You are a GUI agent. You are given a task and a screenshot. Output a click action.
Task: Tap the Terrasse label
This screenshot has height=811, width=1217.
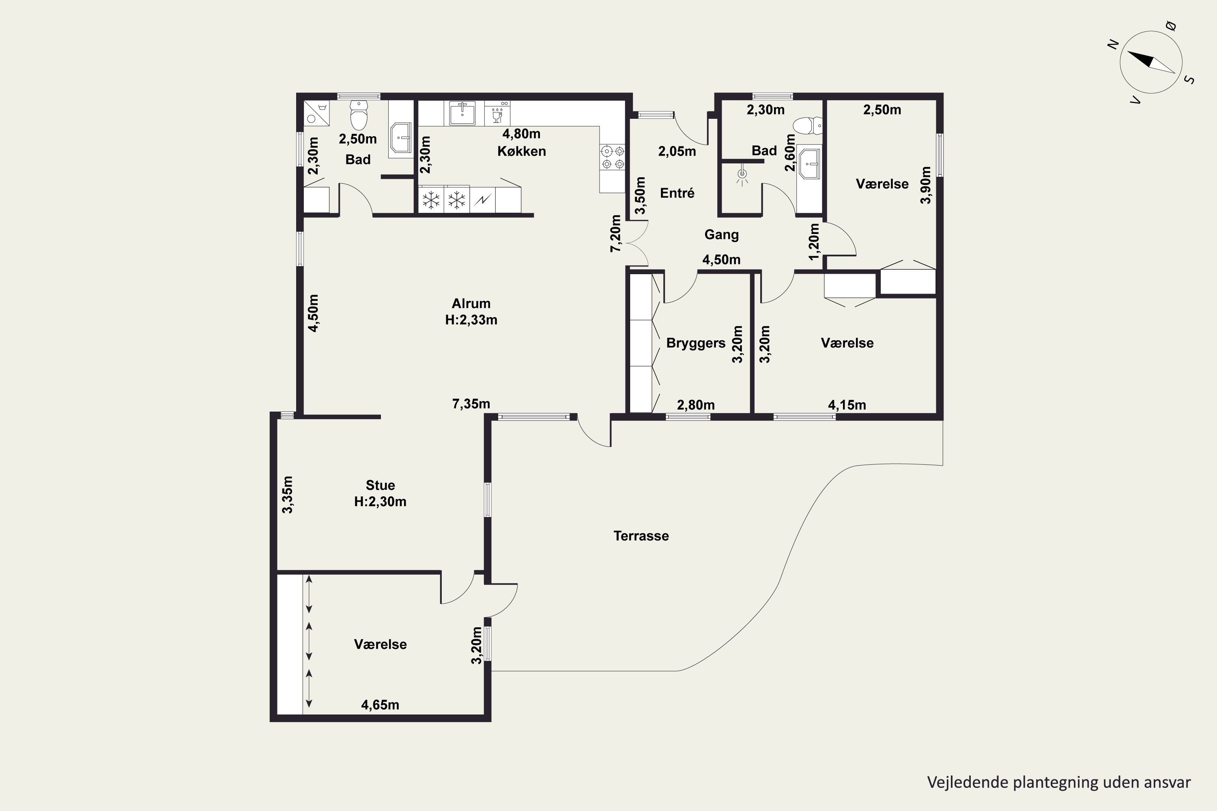[x=641, y=536]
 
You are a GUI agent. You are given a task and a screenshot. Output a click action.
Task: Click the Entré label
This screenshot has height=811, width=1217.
[x=677, y=193]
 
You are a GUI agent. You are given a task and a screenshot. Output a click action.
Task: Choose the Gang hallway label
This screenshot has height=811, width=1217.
[x=721, y=235]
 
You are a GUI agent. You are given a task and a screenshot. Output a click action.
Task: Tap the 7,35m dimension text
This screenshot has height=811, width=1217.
[x=471, y=404]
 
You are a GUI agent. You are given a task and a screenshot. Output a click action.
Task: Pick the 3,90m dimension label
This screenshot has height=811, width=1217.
[x=926, y=185]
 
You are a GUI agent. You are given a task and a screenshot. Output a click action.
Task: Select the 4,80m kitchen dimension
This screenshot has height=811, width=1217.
[x=522, y=134]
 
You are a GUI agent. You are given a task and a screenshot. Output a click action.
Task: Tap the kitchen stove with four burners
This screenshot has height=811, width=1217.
[x=613, y=158]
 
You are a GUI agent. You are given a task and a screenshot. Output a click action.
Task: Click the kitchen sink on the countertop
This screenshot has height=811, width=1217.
[x=462, y=113]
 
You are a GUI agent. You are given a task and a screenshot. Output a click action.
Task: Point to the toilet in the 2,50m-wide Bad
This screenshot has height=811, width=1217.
[x=359, y=114]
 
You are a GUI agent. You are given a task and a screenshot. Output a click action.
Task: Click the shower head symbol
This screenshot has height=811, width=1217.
[x=742, y=174]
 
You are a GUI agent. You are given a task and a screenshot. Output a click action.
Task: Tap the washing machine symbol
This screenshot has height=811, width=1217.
[x=316, y=113]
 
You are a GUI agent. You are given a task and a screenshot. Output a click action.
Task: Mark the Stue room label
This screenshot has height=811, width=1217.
[x=381, y=485]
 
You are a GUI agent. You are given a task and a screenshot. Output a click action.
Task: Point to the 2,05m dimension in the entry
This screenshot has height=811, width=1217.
[x=677, y=152]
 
